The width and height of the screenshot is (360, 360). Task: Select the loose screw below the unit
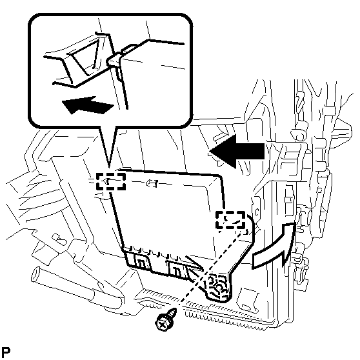point(166,319)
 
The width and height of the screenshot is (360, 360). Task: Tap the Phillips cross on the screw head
point(163,325)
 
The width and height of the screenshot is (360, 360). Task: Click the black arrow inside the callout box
point(88,105)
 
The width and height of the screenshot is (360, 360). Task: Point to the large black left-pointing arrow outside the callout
point(237,152)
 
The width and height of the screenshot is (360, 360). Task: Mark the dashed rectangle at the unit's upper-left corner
point(111,181)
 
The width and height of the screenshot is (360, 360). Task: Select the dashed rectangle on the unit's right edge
point(230,220)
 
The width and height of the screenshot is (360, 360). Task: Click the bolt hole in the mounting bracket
point(220,288)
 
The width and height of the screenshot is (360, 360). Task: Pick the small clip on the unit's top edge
point(152,183)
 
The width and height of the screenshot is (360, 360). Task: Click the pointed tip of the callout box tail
point(109,167)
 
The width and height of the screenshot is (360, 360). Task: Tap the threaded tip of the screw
point(174,310)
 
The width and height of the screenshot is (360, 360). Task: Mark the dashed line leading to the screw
point(211,268)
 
